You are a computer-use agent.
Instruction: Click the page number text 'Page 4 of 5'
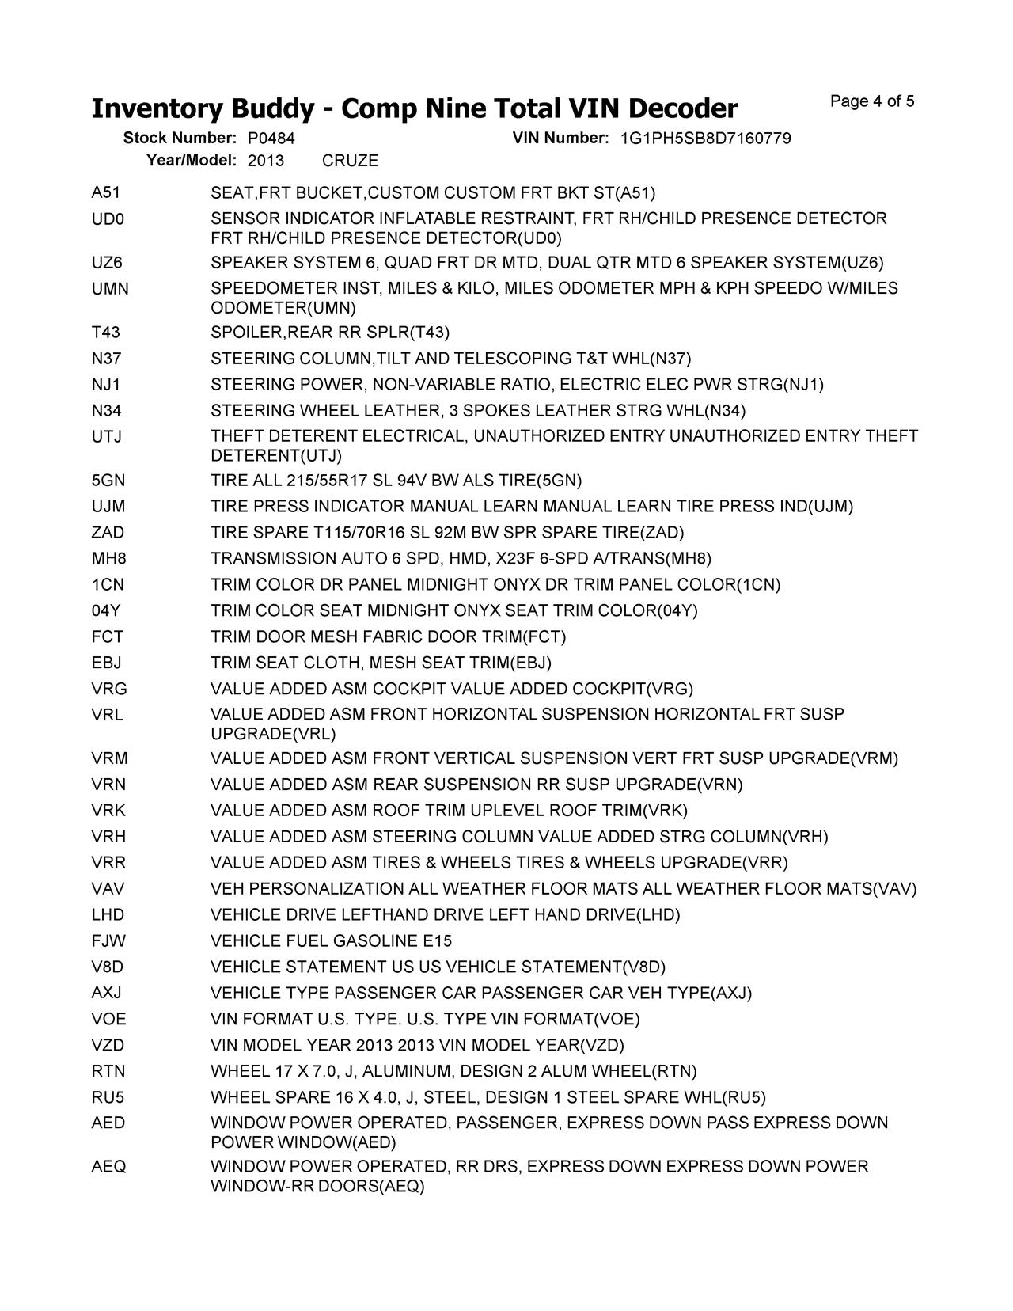tap(872, 101)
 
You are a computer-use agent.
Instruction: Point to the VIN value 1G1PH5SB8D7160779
tap(705, 139)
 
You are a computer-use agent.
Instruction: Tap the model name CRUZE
tap(350, 161)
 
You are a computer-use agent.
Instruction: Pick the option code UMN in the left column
tap(110, 289)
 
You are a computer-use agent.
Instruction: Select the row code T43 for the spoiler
tap(106, 332)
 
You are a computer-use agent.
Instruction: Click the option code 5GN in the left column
tap(108, 481)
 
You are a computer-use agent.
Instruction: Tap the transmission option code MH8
tap(108, 559)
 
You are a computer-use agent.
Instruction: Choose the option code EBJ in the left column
tap(107, 663)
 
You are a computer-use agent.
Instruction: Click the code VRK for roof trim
tap(108, 811)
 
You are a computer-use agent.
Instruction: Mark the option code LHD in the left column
tap(108, 915)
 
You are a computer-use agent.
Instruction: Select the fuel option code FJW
tap(108, 941)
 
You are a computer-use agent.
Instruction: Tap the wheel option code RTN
tap(108, 1072)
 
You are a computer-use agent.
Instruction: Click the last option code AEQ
tap(108, 1167)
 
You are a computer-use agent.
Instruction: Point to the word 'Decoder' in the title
tap(674, 108)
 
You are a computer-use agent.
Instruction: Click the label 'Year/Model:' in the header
tap(192, 161)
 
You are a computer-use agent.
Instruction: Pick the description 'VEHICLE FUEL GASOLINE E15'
tap(331, 941)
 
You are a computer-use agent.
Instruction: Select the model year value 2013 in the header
tap(266, 161)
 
